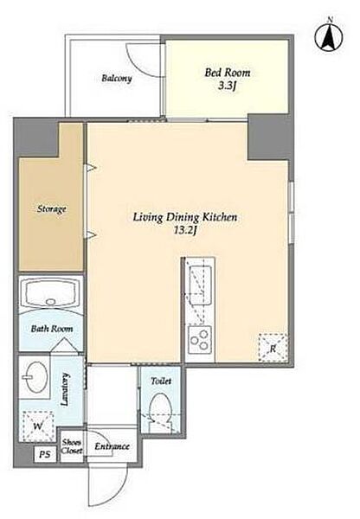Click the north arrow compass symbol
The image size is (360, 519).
[x=329, y=35]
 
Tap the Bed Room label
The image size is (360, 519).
[x=228, y=73]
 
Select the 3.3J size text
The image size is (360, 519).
[x=227, y=86]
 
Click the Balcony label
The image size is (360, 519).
[x=117, y=79]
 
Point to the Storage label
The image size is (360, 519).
[x=52, y=209]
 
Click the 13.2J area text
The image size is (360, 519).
[x=185, y=231]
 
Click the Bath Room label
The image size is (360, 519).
[x=52, y=329]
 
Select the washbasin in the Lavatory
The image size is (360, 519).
[x=34, y=377]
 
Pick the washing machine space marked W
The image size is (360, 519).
[x=38, y=426]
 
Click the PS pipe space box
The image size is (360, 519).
[x=45, y=454]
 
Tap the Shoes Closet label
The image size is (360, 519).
[x=72, y=446]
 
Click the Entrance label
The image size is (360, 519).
[x=112, y=446]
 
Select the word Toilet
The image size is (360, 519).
[x=161, y=381]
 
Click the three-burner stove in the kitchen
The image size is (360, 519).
[x=200, y=339]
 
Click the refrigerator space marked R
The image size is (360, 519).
[x=273, y=348]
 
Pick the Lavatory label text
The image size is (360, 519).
[x=65, y=389]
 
